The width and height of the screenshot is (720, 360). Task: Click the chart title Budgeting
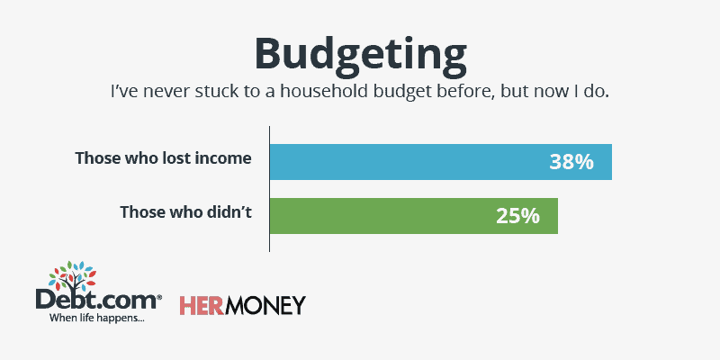pos(361,55)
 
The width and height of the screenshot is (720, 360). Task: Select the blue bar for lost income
pos(441,162)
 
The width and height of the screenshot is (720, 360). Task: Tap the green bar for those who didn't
pos(414,216)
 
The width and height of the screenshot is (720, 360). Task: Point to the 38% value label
pos(571,162)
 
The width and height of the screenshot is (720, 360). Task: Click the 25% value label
pos(517,216)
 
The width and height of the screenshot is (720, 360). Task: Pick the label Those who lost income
pos(164,158)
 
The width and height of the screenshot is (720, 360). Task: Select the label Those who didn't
pos(186,212)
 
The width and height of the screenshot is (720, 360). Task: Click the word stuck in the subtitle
pos(212,91)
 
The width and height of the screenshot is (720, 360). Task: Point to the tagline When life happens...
pos(96,318)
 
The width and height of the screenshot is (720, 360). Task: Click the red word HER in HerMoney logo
pos(201,305)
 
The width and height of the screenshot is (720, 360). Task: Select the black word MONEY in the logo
pos(265,305)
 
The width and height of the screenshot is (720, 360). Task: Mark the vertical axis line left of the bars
pos(269,189)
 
